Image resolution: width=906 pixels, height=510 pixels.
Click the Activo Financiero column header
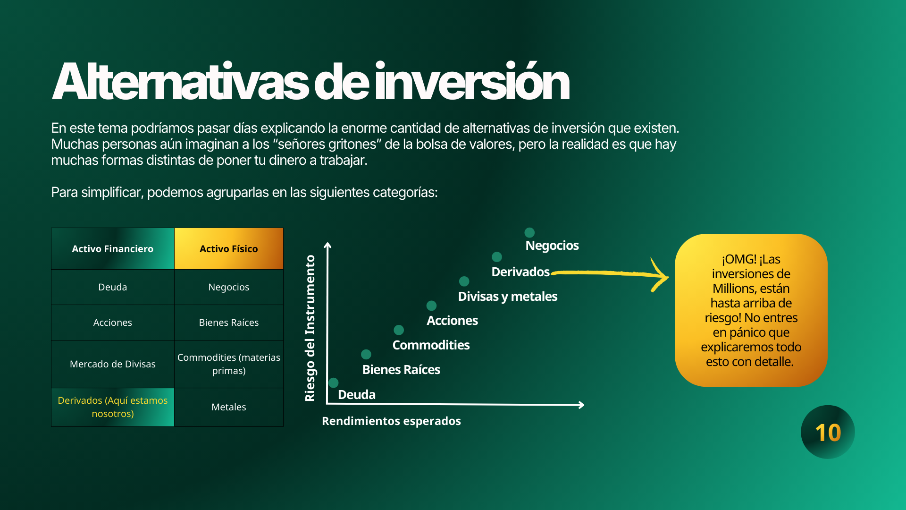(113, 249)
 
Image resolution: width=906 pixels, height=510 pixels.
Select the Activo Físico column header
(229, 249)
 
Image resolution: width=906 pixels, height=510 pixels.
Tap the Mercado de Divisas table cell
(113, 364)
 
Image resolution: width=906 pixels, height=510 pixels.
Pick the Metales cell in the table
(229, 407)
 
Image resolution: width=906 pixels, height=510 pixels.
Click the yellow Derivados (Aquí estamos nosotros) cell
(113, 407)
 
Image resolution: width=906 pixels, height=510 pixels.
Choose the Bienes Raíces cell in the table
(229, 323)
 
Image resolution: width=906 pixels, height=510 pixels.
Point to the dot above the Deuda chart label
(334, 382)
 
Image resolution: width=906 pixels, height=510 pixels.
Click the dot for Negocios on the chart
(529, 232)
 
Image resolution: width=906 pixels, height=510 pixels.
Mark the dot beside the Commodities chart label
(399, 330)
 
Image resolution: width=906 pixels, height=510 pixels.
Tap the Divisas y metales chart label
(508, 297)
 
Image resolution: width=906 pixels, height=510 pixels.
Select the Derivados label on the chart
(520, 272)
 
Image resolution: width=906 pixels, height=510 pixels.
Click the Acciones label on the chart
(452, 321)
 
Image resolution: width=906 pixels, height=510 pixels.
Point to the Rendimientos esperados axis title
(391, 421)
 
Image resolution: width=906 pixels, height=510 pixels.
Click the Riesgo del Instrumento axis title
(310, 328)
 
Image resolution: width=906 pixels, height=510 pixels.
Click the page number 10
(828, 433)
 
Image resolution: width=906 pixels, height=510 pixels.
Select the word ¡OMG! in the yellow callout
(739, 259)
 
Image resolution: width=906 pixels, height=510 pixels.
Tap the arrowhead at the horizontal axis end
(582, 405)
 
